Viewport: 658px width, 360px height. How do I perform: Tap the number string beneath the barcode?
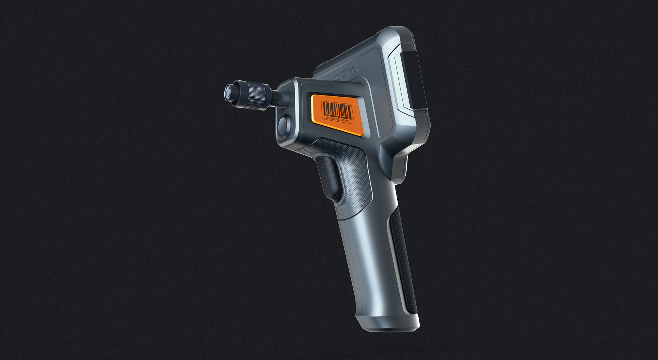click(x=337, y=119)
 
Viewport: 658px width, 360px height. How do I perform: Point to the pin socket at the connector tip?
click(x=228, y=92)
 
